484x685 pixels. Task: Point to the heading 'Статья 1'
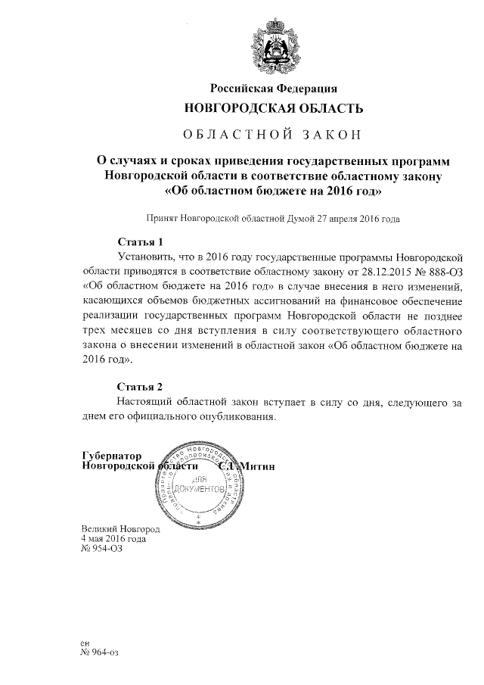(x=140, y=243)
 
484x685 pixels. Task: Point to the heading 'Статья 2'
(x=140, y=387)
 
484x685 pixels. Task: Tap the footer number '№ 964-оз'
(x=100, y=651)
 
